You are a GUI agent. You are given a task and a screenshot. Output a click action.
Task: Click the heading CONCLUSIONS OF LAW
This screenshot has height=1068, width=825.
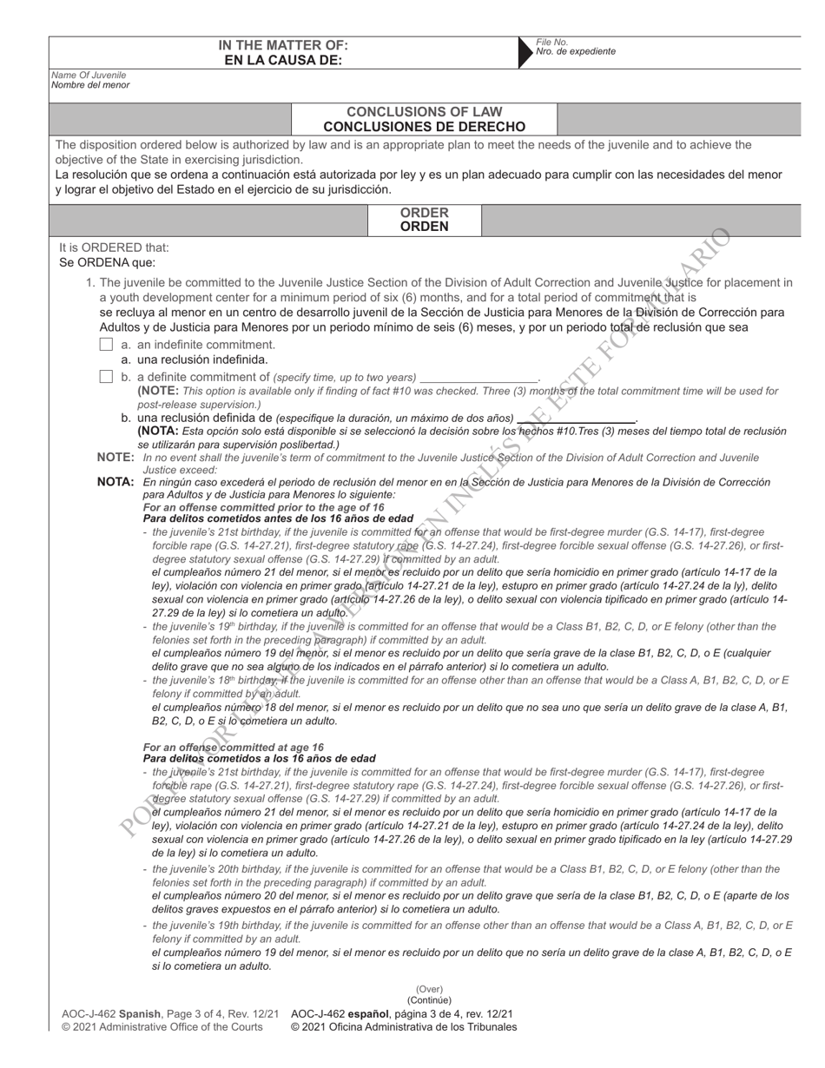point(424,112)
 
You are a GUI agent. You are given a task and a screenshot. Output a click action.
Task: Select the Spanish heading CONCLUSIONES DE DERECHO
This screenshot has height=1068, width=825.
point(424,126)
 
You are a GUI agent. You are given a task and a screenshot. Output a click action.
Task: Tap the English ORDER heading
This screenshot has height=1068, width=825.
point(424,213)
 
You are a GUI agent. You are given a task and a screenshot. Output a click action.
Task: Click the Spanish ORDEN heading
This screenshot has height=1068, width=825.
point(424,227)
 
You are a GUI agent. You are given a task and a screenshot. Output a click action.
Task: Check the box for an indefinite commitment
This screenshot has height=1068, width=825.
point(106,345)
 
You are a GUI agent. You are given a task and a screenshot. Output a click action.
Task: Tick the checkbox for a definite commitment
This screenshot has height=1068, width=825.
point(106,377)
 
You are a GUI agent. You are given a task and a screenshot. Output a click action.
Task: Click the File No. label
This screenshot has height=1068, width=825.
point(551,42)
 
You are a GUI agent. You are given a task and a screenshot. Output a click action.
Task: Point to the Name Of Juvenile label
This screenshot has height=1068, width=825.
point(88,76)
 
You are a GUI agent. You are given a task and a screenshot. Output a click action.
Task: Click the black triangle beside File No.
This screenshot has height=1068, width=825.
point(524,52)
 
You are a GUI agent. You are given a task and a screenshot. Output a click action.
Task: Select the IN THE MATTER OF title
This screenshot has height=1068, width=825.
point(283,45)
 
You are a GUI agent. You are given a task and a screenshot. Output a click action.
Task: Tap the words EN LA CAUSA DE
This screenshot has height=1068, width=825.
point(283,60)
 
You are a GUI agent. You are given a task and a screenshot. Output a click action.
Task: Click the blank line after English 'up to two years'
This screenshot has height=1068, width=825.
point(478,379)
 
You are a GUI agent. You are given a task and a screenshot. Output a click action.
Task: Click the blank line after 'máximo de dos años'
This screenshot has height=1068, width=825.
point(576,419)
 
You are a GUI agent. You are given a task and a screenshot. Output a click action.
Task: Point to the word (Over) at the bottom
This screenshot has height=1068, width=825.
point(429,989)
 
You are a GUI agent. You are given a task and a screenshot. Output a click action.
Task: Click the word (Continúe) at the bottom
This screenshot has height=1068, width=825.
point(429,1000)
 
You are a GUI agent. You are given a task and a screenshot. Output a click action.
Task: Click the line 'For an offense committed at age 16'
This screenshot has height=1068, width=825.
point(233,747)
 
